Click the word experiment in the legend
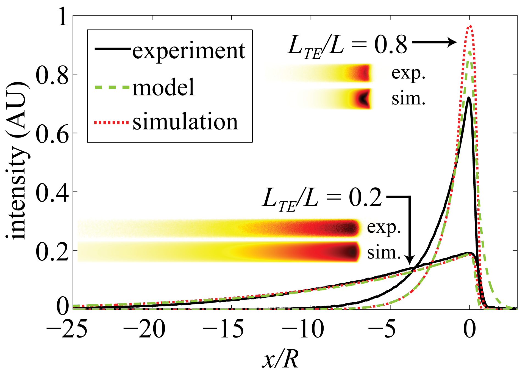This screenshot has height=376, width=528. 189,51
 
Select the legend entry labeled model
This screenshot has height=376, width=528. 163,87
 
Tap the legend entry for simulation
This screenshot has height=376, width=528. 185,122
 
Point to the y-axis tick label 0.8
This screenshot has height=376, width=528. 52,75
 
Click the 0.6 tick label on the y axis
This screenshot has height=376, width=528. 52,134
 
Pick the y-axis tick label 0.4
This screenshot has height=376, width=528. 52,193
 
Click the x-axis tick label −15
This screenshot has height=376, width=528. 223,329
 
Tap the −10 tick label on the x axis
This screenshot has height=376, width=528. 303,329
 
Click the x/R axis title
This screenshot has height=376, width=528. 280,359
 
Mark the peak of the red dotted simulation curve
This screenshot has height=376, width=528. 471,26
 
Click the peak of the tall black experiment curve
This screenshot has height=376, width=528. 469,98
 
